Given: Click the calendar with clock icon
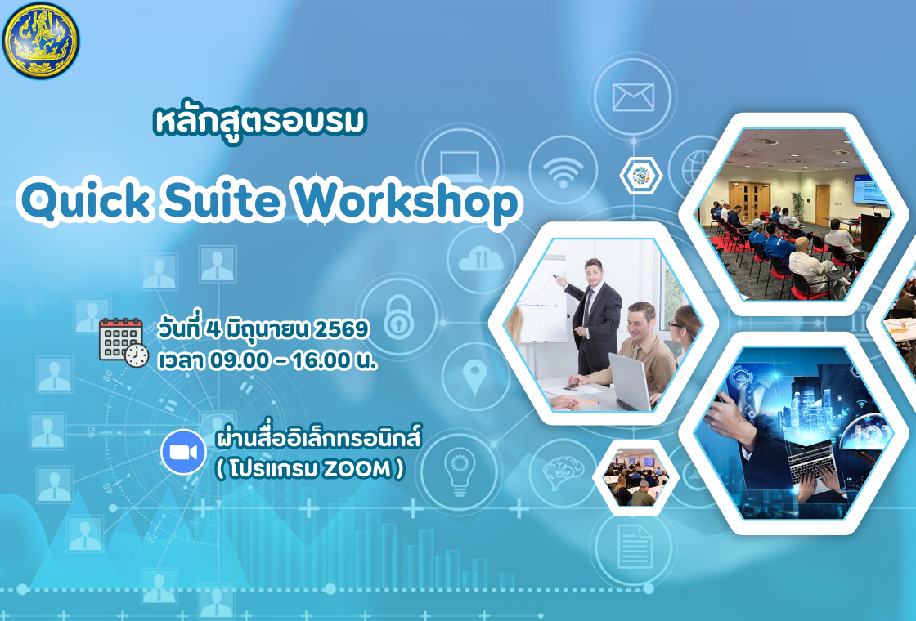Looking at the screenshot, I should coord(123,341).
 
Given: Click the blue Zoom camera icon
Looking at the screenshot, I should coord(183,451).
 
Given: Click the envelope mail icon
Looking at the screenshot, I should coord(633,96).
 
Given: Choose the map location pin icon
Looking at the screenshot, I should coord(475,376).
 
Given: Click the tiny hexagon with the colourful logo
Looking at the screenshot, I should coord(640,174).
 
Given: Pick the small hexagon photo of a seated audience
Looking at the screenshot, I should coord(635,478).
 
